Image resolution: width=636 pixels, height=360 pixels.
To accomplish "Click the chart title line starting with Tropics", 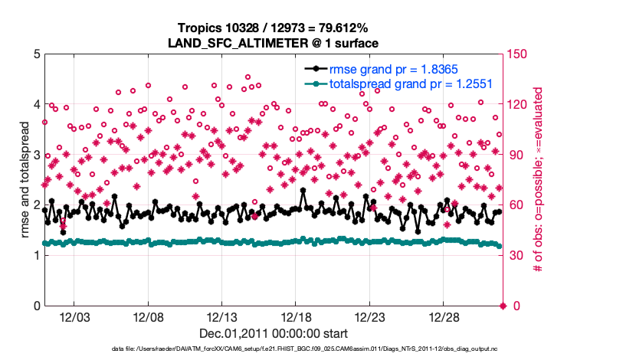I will (x=273, y=28).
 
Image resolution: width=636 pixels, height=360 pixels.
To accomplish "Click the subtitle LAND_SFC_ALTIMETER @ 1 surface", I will (x=273, y=43).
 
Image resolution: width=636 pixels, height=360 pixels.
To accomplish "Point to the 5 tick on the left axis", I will (x=35, y=54).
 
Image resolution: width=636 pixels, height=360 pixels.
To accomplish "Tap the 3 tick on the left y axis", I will (x=35, y=155).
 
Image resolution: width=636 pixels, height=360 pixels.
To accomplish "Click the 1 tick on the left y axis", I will (x=35, y=256).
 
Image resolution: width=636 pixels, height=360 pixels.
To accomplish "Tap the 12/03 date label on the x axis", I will (x=75, y=317).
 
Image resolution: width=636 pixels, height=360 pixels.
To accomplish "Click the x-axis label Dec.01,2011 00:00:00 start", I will (x=273, y=333).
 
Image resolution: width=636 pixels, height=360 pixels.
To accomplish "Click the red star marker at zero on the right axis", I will (x=503, y=306).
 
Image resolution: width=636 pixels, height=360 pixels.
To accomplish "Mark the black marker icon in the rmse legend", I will (x=316, y=70).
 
